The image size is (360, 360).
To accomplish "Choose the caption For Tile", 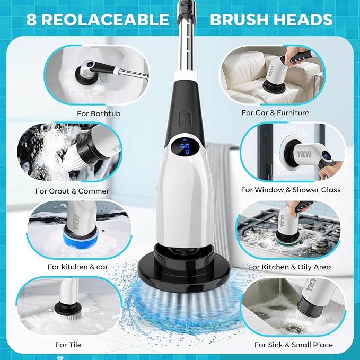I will click(68, 345).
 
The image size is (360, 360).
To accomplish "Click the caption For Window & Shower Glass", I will click(291, 190).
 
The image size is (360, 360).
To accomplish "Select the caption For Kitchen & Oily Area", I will click(289, 267).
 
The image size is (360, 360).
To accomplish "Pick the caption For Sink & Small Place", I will click(293, 345).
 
